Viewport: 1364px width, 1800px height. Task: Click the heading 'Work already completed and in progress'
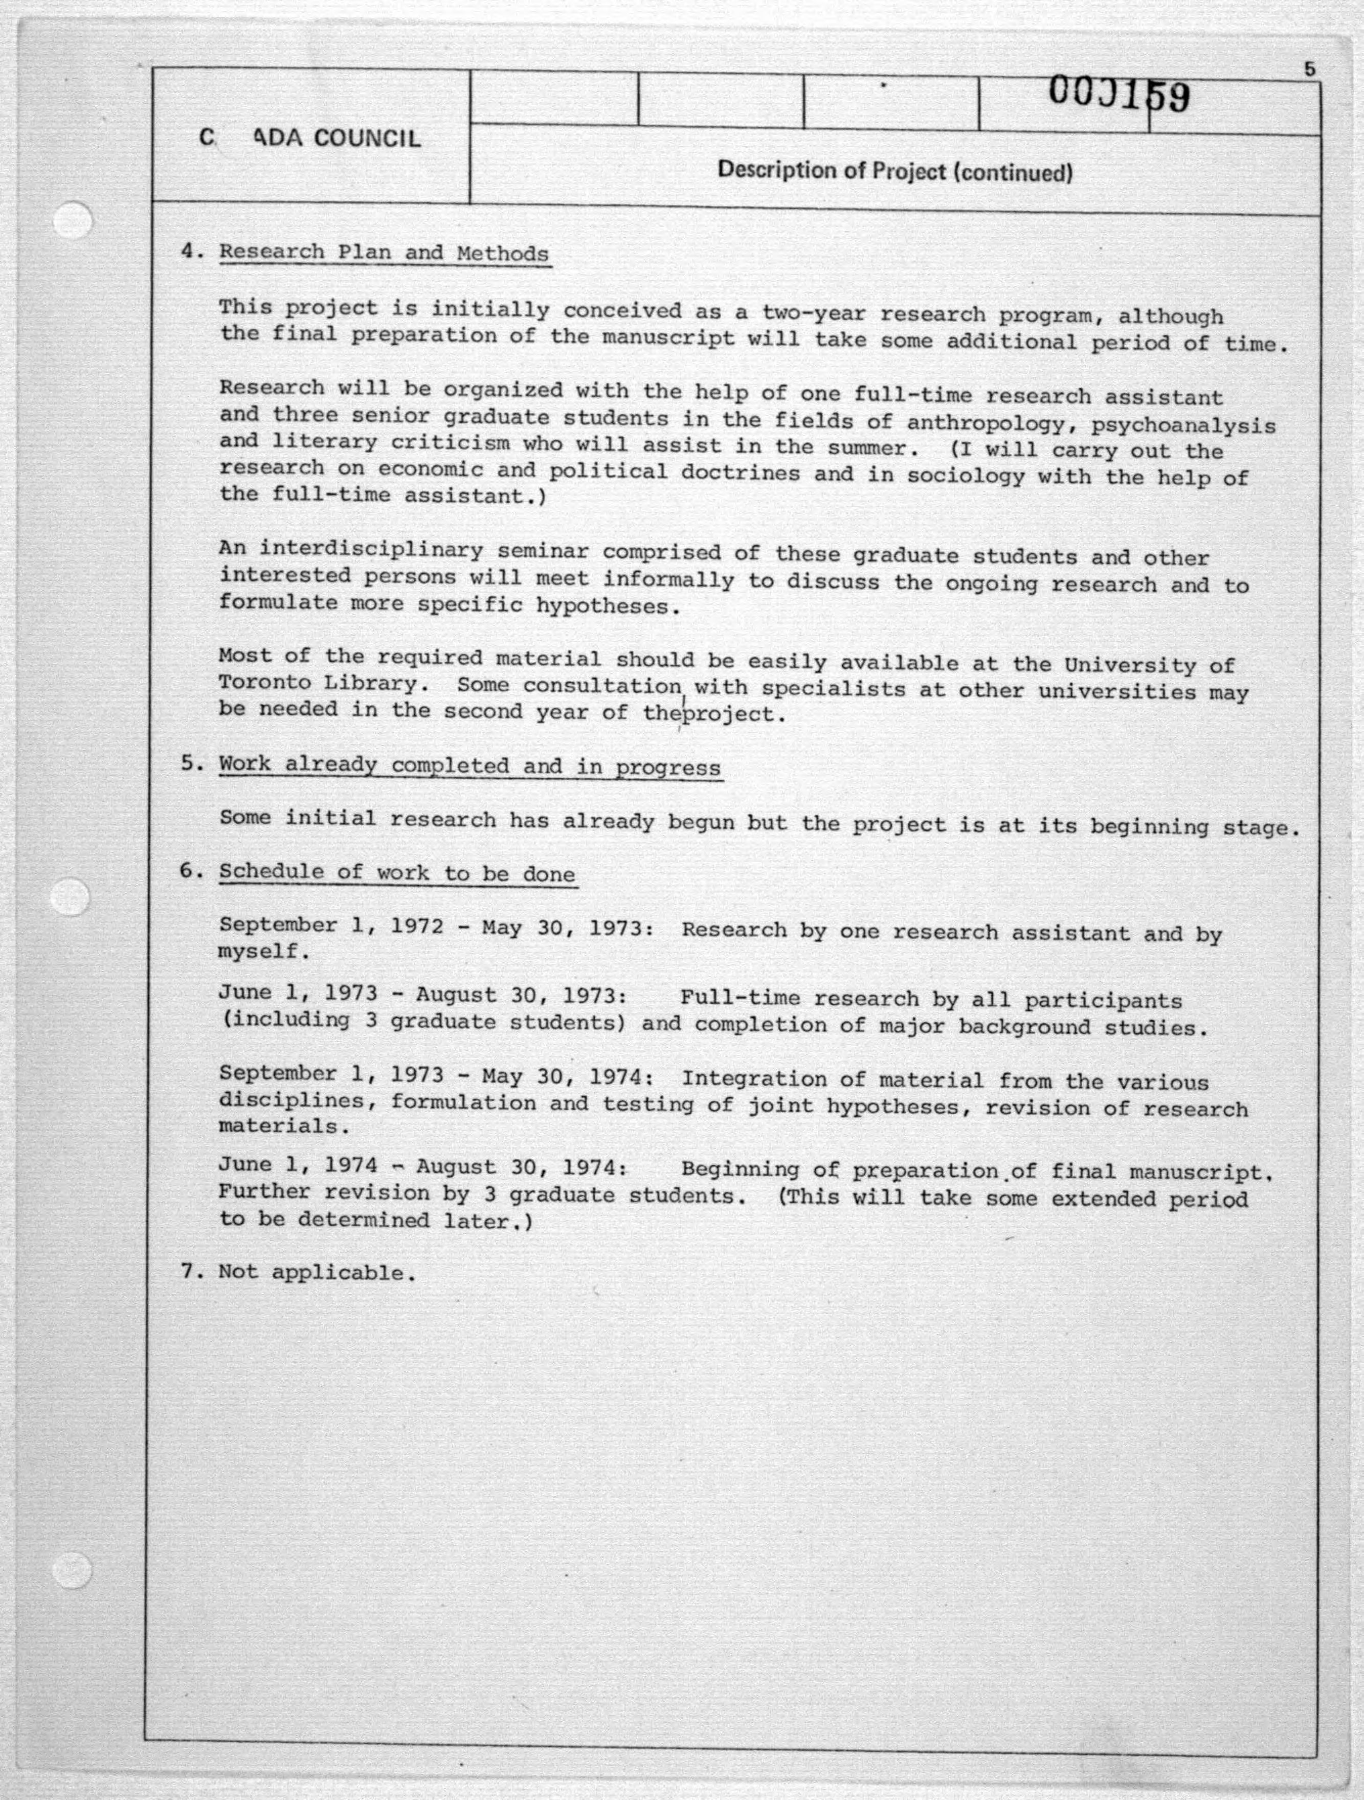[469, 767]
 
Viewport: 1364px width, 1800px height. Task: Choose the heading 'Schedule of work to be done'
[397, 873]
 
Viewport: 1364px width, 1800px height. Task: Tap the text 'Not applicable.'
[317, 1272]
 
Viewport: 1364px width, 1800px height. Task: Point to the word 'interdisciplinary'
[370, 550]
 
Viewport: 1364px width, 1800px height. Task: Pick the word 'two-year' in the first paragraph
[813, 313]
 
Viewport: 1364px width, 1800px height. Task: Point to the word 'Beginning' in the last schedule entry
[740, 1169]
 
